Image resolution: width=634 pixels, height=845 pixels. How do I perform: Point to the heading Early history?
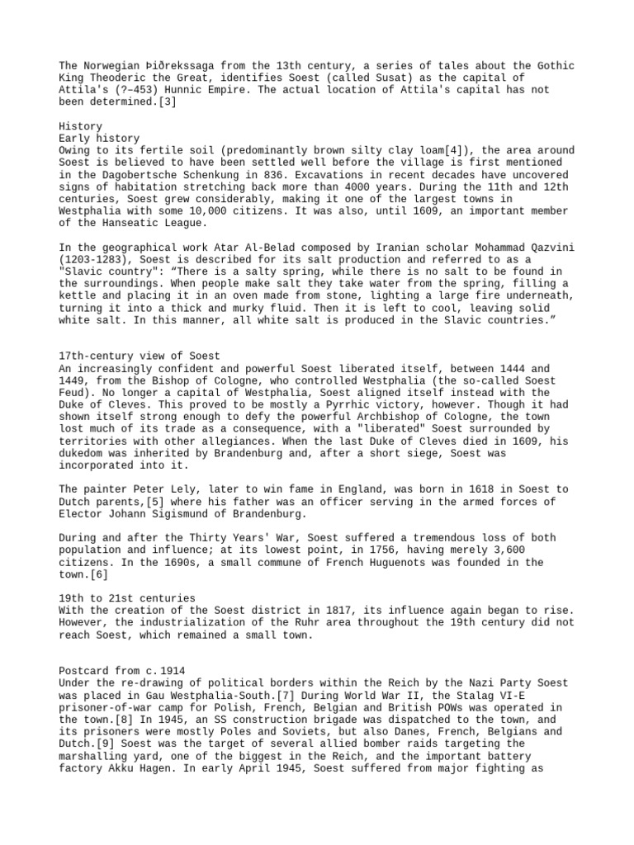[x=100, y=138]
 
